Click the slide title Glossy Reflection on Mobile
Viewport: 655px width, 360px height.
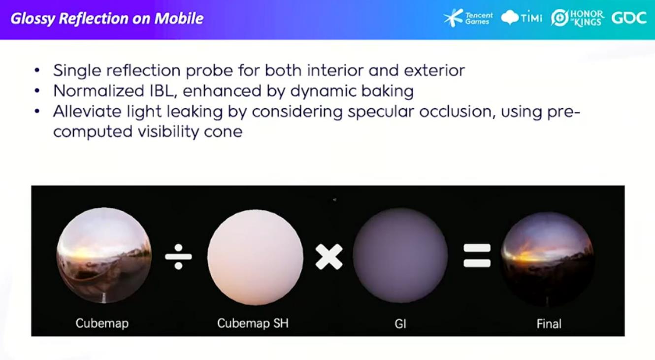click(107, 19)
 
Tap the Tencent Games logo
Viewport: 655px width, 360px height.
click(468, 18)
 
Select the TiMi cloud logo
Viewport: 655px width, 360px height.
click(522, 18)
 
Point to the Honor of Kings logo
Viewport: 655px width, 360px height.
click(578, 18)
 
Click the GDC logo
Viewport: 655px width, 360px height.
click(629, 18)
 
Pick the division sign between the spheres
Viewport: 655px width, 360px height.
click(178, 257)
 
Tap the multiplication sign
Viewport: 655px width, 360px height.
click(329, 257)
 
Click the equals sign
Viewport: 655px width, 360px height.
click(477, 255)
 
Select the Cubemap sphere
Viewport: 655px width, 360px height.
click(104, 255)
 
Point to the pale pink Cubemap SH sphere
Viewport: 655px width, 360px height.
click(255, 257)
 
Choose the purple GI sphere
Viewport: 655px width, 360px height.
click(400, 256)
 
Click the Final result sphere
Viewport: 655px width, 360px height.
click(547, 259)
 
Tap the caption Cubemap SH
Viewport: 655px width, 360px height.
click(253, 323)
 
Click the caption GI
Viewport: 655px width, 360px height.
click(400, 324)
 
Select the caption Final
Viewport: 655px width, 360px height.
click(549, 324)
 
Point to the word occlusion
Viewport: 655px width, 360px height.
click(456, 111)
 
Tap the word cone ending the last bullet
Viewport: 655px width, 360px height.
click(223, 132)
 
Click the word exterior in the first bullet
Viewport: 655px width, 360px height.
click(434, 70)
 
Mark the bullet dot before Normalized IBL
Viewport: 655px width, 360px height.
click(37, 91)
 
